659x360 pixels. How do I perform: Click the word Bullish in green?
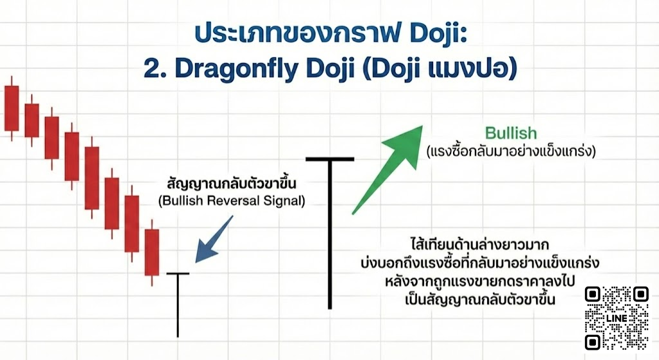click(x=510, y=133)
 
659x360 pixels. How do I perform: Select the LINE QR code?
click(x=617, y=318)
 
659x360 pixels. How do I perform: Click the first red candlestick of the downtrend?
click(x=11, y=107)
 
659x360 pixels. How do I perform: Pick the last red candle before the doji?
click(x=151, y=252)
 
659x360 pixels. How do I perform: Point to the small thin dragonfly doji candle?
click(x=178, y=303)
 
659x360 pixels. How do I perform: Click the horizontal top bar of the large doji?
click(x=329, y=158)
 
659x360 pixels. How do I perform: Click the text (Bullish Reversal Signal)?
click(x=231, y=201)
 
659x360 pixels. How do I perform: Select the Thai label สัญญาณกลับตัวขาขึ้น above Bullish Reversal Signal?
click(x=231, y=183)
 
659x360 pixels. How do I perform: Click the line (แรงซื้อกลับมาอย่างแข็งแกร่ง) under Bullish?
click(x=511, y=153)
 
